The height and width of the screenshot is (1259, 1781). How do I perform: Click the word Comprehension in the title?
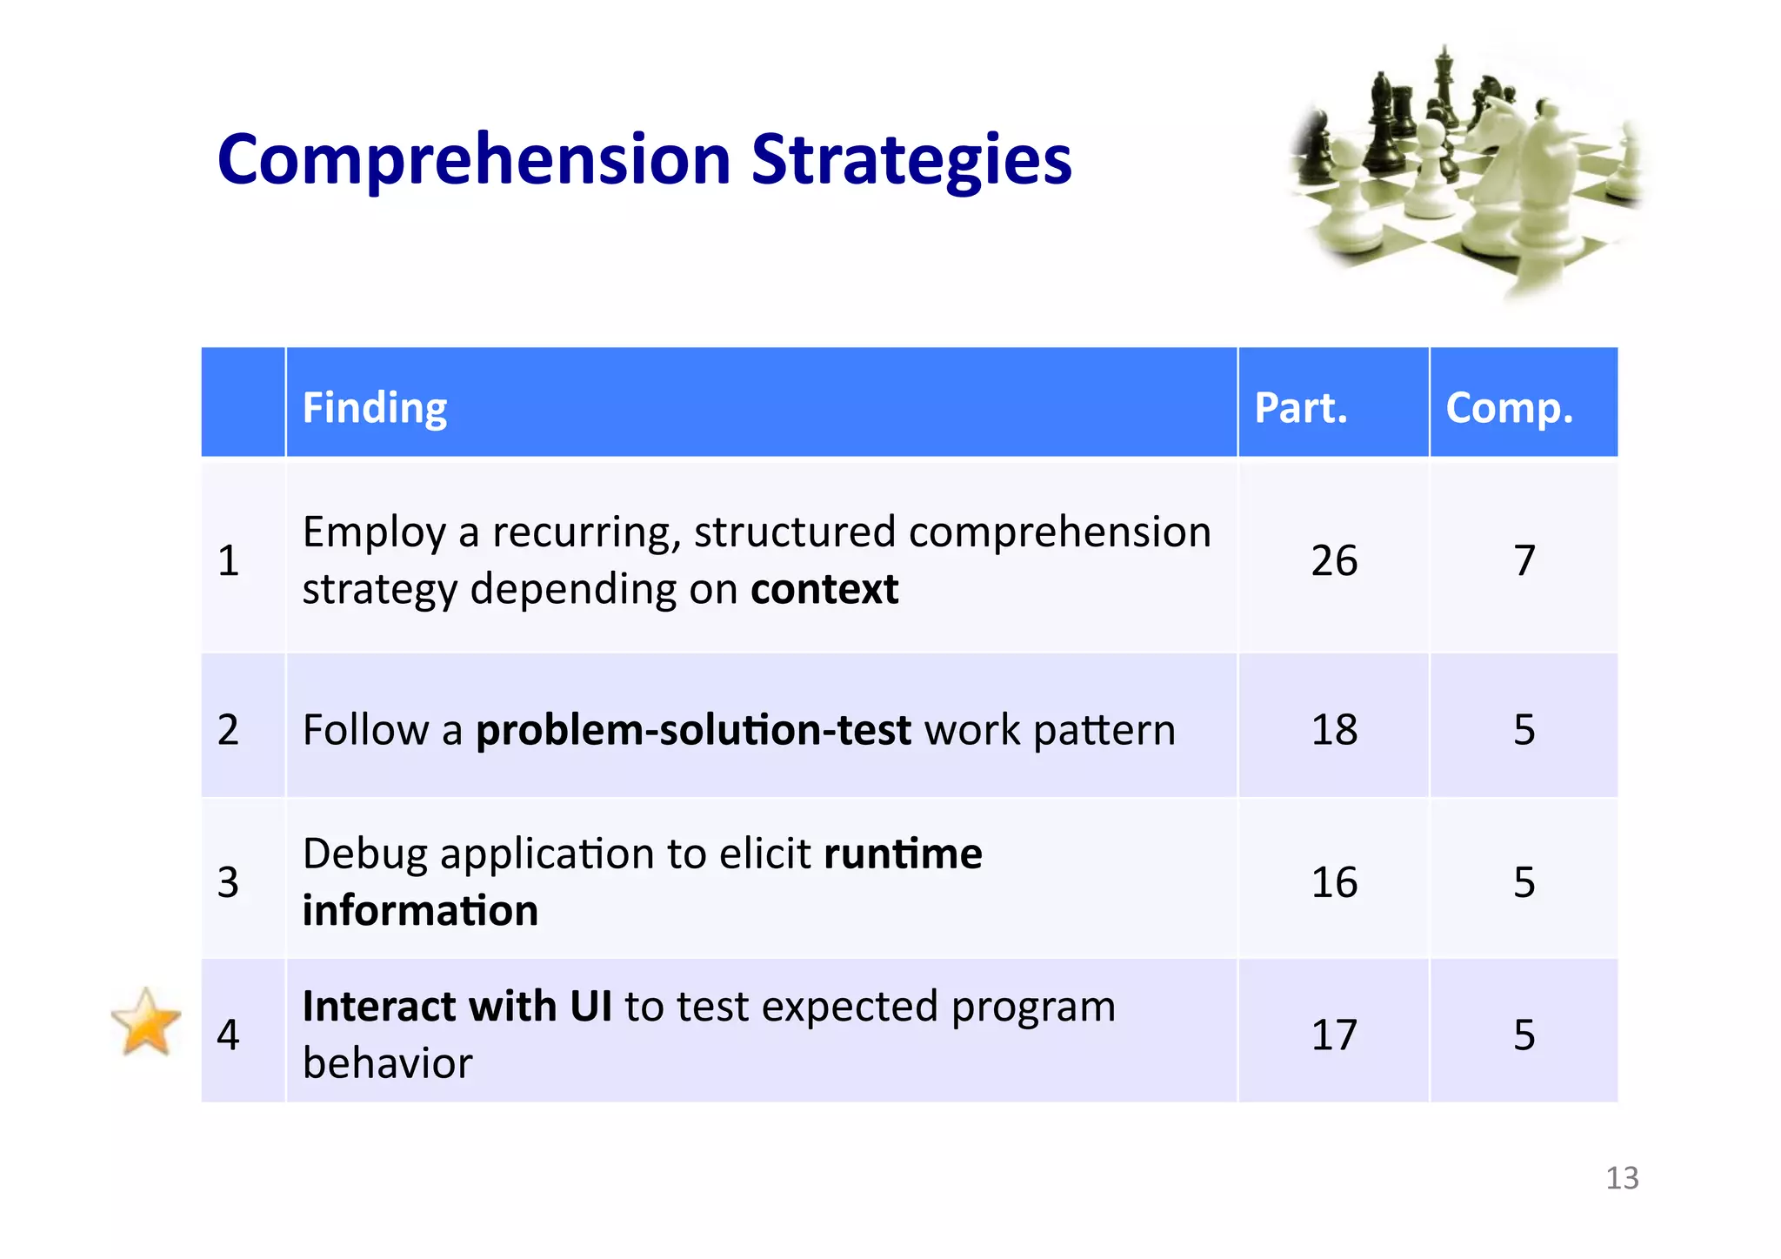click(x=474, y=160)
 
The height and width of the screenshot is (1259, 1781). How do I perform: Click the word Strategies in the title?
click(x=911, y=160)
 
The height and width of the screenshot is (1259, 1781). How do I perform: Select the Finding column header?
click(x=375, y=407)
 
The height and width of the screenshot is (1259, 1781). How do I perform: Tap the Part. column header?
click(x=1300, y=407)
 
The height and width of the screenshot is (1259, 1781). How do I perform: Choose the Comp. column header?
click(x=1509, y=407)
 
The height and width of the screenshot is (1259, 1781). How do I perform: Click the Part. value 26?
click(x=1333, y=560)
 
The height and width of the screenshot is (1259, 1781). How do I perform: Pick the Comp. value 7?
click(x=1524, y=560)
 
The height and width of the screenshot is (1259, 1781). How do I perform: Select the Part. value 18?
click(x=1333, y=729)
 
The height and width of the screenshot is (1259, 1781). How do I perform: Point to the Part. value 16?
click(x=1333, y=882)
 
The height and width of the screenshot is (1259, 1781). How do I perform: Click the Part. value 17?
click(x=1333, y=1035)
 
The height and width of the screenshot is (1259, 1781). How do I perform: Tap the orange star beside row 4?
click(x=146, y=1023)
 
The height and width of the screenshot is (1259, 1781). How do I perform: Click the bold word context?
click(x=824, y=589)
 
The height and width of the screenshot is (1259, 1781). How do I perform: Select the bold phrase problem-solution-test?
click(x=693, y=729)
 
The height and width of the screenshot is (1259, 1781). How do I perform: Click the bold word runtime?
click(x=902, y=854)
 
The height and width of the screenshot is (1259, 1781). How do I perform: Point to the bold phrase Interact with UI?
click(x=457, y=1007)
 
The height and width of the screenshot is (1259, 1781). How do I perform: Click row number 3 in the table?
click(x=228, y=882)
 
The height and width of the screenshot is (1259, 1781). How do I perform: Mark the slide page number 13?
click(x=1621, y=1178)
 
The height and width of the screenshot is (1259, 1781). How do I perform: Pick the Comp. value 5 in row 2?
click(x=1524, y=729)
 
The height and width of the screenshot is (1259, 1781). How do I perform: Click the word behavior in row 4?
click(x=387, y=1063)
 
